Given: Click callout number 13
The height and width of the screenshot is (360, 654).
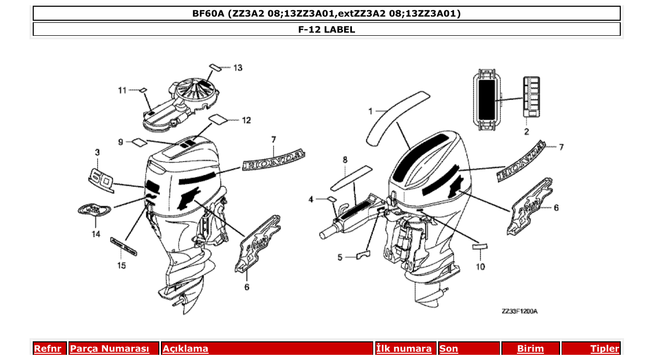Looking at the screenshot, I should click(238, 68).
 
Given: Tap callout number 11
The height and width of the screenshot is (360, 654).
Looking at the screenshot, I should click(122, 90).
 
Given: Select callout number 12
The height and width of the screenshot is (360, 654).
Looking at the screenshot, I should click(246, 120).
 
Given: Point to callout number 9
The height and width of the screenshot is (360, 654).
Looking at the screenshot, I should click(120, 142).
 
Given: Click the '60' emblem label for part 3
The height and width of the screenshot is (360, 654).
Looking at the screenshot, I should click(101, 179).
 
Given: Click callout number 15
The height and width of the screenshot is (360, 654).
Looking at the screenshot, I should click(121, 266).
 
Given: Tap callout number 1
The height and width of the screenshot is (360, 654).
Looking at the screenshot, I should click(371, 111).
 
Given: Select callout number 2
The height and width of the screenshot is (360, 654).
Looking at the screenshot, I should click(526, 132).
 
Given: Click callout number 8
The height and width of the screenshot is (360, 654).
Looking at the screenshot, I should click(345, 160).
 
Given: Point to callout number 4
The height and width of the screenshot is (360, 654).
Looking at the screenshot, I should click(311, 199).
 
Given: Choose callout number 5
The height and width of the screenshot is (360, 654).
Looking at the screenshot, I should click(340, 257).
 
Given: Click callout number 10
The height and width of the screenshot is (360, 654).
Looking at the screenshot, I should click(480, 267).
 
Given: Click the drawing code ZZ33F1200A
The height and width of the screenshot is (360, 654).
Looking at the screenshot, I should click(519, 311).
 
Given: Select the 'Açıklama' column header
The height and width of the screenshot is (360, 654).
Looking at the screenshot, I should click(185, 349).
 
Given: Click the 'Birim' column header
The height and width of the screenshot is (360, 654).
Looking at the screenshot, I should click(530, 349).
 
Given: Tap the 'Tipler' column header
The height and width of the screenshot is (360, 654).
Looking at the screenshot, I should click(605, 349).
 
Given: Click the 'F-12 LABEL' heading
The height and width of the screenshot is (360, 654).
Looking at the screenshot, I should click(326, 30).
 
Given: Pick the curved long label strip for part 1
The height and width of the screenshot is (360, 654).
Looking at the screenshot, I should click(397, 117).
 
